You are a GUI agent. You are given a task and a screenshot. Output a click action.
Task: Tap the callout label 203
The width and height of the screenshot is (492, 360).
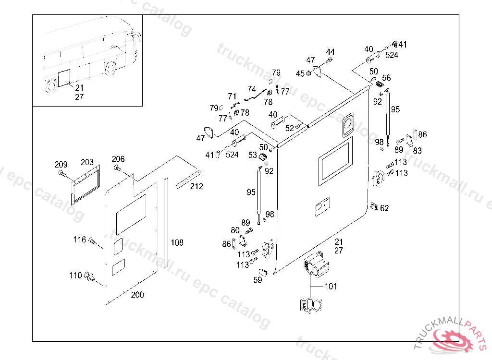coord(87,163)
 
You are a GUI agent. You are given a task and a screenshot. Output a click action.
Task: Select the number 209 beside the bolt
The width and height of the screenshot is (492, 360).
coord(61,165)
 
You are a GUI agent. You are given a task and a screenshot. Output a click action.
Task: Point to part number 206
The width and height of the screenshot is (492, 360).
coord(118,159)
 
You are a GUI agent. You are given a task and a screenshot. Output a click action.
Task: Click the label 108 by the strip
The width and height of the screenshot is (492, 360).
coord(177,243)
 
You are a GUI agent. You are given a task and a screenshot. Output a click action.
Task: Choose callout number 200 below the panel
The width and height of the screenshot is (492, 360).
coord(137,295)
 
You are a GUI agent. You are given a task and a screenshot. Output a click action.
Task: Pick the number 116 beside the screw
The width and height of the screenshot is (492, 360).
coord(79,239)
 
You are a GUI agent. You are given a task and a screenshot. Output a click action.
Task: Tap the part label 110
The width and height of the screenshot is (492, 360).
coord(75,276)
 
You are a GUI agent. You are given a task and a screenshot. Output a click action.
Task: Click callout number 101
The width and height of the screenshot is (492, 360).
coord(331,287)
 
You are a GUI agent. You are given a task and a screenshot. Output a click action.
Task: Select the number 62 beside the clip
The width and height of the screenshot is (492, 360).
coord(384,208)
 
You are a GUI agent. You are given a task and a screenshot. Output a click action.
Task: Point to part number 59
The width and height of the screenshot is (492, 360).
coord(258,280)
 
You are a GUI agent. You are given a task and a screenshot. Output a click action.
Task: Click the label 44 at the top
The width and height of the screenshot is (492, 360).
coord(330,52)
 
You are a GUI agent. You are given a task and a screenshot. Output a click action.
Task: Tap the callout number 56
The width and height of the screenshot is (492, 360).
coord(386,78)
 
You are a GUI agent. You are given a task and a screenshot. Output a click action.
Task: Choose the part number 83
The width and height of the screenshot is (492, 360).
coord(418,150)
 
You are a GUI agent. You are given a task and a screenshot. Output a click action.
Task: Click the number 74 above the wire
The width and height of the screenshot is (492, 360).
coord(252,89)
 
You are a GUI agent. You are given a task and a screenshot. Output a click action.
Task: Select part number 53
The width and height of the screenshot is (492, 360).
coord(253,155)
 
